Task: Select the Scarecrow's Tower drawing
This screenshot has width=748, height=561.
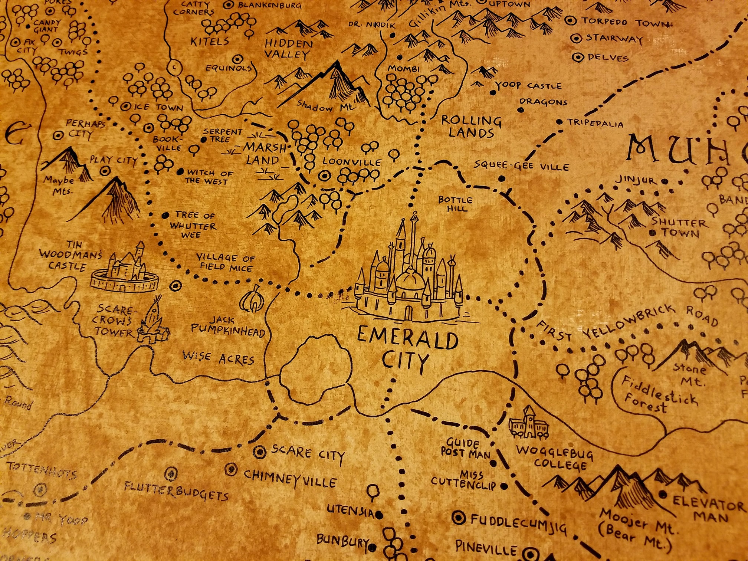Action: coord(153,323)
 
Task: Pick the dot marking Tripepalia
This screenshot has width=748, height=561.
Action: coord(559,122)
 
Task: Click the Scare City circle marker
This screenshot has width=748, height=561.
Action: coord(260,452)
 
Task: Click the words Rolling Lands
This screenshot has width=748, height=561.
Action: coord(471,127)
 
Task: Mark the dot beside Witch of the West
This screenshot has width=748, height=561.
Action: coord(180,172)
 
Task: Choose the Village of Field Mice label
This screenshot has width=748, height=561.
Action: coord(226,263)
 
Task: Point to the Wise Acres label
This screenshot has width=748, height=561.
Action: coord(218,358)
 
